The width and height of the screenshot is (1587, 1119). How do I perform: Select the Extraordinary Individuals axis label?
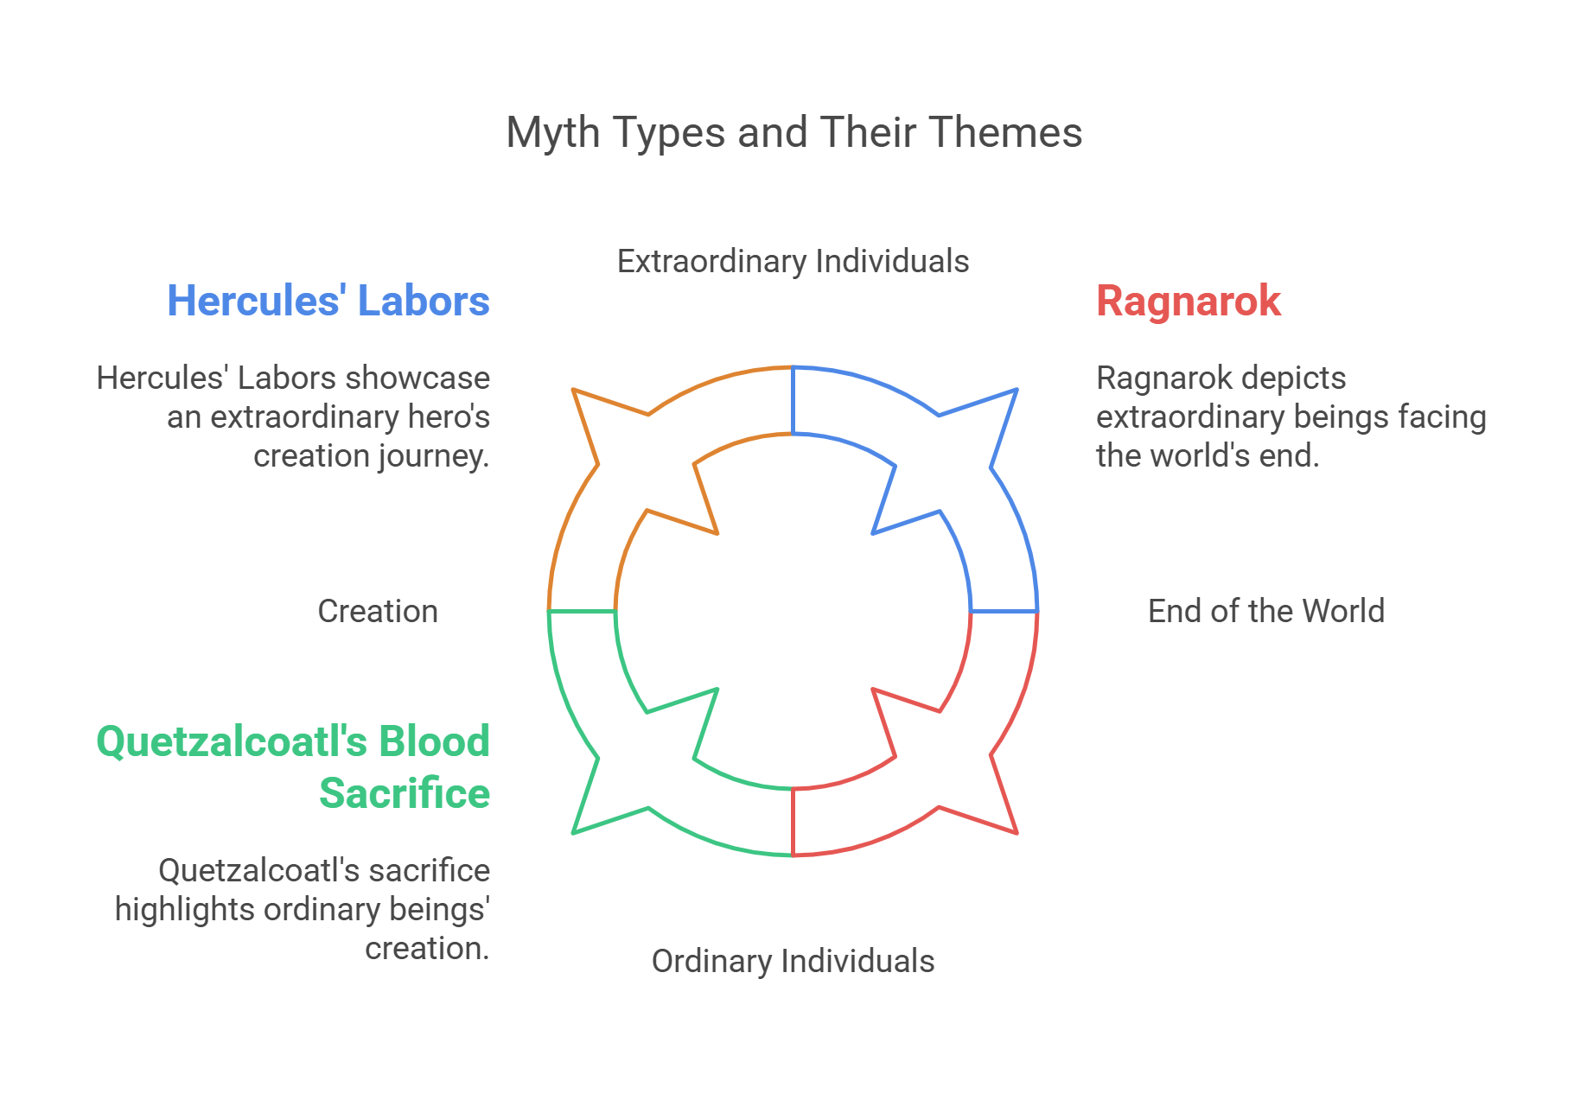coord(793,261)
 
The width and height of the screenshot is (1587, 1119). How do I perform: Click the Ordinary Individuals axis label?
coord(793,961)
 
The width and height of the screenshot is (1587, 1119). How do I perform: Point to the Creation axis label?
coord(378,611)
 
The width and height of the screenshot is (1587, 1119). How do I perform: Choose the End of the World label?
coord(1265,611)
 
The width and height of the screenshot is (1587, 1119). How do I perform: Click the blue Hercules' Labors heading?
coord(328,302)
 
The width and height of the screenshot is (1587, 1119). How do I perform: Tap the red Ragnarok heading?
coord(1188,302)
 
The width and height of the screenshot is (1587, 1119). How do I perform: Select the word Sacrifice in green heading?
coord(405,793)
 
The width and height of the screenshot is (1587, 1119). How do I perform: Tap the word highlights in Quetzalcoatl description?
coord(185,910)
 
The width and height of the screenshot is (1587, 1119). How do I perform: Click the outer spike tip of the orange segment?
coord(574,391)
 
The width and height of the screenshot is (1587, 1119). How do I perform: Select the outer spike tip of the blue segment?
coord(1016,391)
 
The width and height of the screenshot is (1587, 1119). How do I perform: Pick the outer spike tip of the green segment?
coord(574,832)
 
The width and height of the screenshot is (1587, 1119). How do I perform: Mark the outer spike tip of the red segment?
coord(1016,832)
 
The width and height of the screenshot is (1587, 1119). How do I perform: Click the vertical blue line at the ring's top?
coord(793,401)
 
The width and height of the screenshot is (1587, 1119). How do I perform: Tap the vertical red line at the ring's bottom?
coord(793,822)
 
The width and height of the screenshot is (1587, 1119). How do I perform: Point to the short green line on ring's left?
coord(583,612)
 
